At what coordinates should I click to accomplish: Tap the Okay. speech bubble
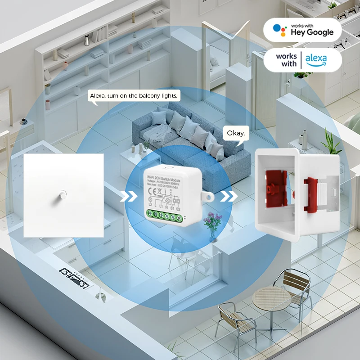(236, 133)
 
